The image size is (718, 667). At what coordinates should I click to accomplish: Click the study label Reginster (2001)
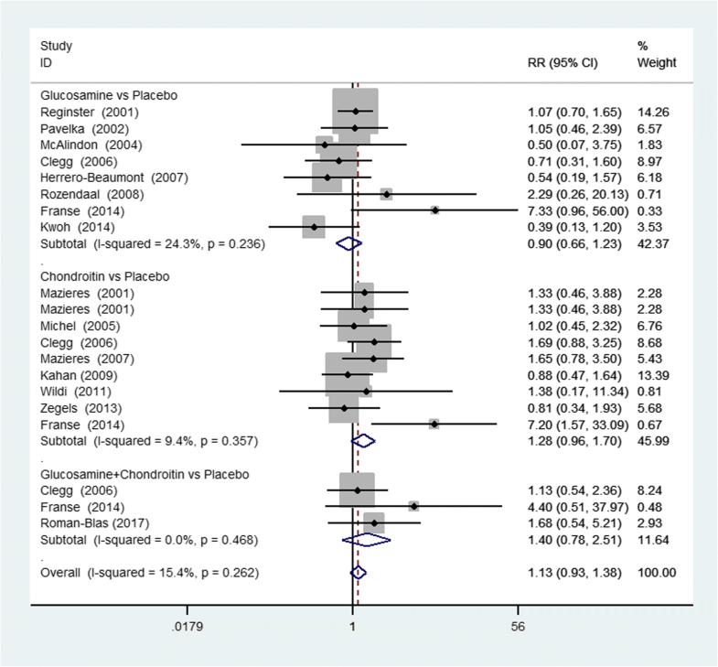[x=80, y=112]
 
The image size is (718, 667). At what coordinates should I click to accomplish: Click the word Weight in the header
[x=656, y=62]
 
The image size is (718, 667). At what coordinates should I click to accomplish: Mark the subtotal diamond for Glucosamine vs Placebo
[x=349, y=243]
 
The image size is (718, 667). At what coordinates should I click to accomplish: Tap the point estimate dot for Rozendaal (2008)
[x=386, y=194]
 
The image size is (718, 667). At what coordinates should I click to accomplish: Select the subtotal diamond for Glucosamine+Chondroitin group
[x=366, y=540]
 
